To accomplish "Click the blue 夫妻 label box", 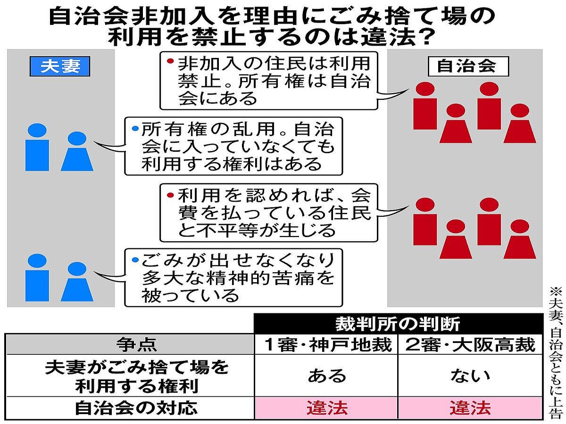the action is [x=60, y=67].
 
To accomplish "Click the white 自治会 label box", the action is [x=467, y=66].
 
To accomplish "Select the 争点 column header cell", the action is [x=130, y=345].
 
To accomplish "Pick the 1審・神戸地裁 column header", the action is [x=326, y=345].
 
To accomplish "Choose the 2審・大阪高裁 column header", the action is [x=470, y=345].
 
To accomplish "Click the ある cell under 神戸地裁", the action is [x=326, y=375].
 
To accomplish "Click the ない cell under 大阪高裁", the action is [x=470, y=375].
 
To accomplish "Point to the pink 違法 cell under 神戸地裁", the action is [x=326, y=408].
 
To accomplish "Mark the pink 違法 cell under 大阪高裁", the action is [x=470, y=408].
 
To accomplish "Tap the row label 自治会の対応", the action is [x=130, y=408].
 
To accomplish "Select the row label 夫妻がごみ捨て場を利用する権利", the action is [x=130, y=376].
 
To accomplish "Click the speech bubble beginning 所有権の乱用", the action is [x=233, y=146].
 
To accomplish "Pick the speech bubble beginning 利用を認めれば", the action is [x=269, y=212].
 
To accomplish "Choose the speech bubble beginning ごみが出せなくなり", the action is [x=233, y=277].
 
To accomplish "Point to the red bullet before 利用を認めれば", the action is [x=170, y=194].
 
